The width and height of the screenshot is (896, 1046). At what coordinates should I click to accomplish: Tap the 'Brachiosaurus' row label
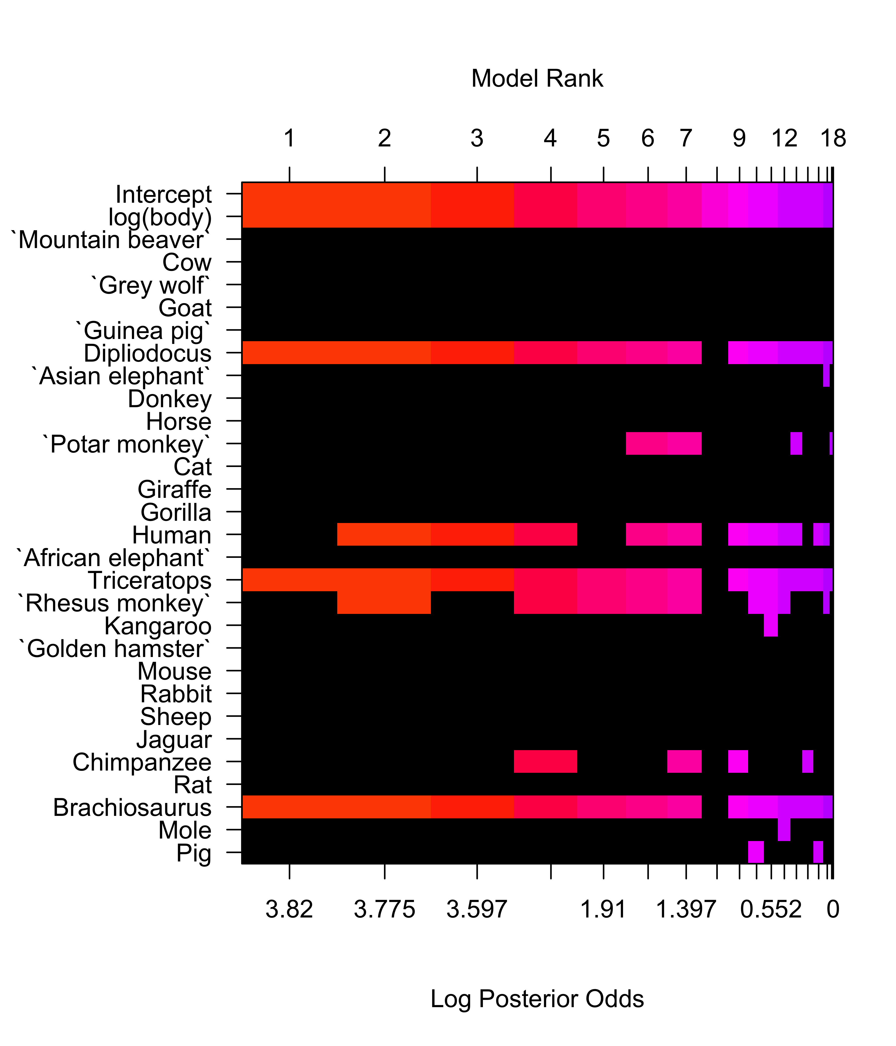pos(132,808)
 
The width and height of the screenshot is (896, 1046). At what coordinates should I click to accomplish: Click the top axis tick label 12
pos(784,138)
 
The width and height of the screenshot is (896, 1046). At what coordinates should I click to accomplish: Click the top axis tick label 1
pos(289,138)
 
